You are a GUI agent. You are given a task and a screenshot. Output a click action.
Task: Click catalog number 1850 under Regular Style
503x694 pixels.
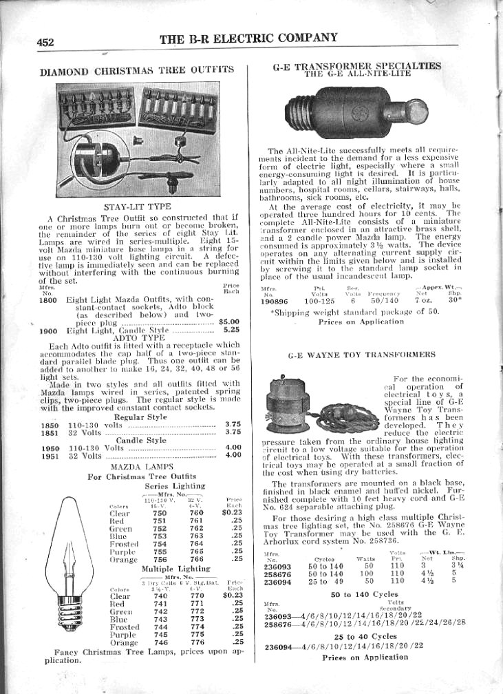point(48,425)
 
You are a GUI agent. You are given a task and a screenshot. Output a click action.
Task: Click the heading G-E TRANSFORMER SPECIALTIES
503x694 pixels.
point(358,66)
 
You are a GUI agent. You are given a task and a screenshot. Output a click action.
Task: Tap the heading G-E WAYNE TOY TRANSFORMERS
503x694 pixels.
point(361,355)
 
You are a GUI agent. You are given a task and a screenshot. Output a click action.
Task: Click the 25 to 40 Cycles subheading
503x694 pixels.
point(364,636)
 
